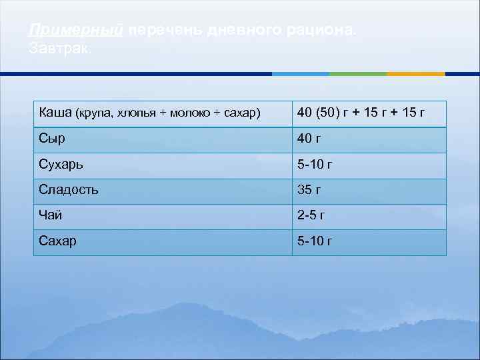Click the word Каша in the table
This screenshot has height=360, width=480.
point(55,112)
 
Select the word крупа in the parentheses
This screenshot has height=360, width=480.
point(95,113)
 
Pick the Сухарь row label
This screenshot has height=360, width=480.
point(61,164)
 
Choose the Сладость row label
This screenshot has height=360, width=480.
point(69,189)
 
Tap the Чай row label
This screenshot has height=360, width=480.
point(49,215)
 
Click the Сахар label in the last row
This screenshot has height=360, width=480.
point(57,241)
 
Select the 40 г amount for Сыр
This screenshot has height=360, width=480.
point(309,139)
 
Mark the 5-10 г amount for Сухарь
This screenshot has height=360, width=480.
point(315,165)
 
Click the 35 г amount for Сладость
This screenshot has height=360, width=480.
point(309,190)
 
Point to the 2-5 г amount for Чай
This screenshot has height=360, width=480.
point(311,216)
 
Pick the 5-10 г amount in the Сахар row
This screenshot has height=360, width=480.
point(315,241)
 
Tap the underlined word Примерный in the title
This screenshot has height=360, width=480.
point(77,31)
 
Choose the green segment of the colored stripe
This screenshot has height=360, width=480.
point(358,73)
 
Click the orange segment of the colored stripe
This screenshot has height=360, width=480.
point(415,73)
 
